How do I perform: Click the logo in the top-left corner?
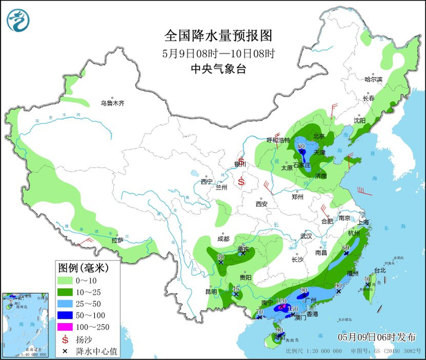coord(19,20)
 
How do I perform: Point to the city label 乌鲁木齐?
coord(113,103)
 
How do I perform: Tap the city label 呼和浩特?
coord(278,140)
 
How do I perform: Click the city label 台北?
coord(379,269)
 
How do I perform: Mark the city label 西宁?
coord(207,181)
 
